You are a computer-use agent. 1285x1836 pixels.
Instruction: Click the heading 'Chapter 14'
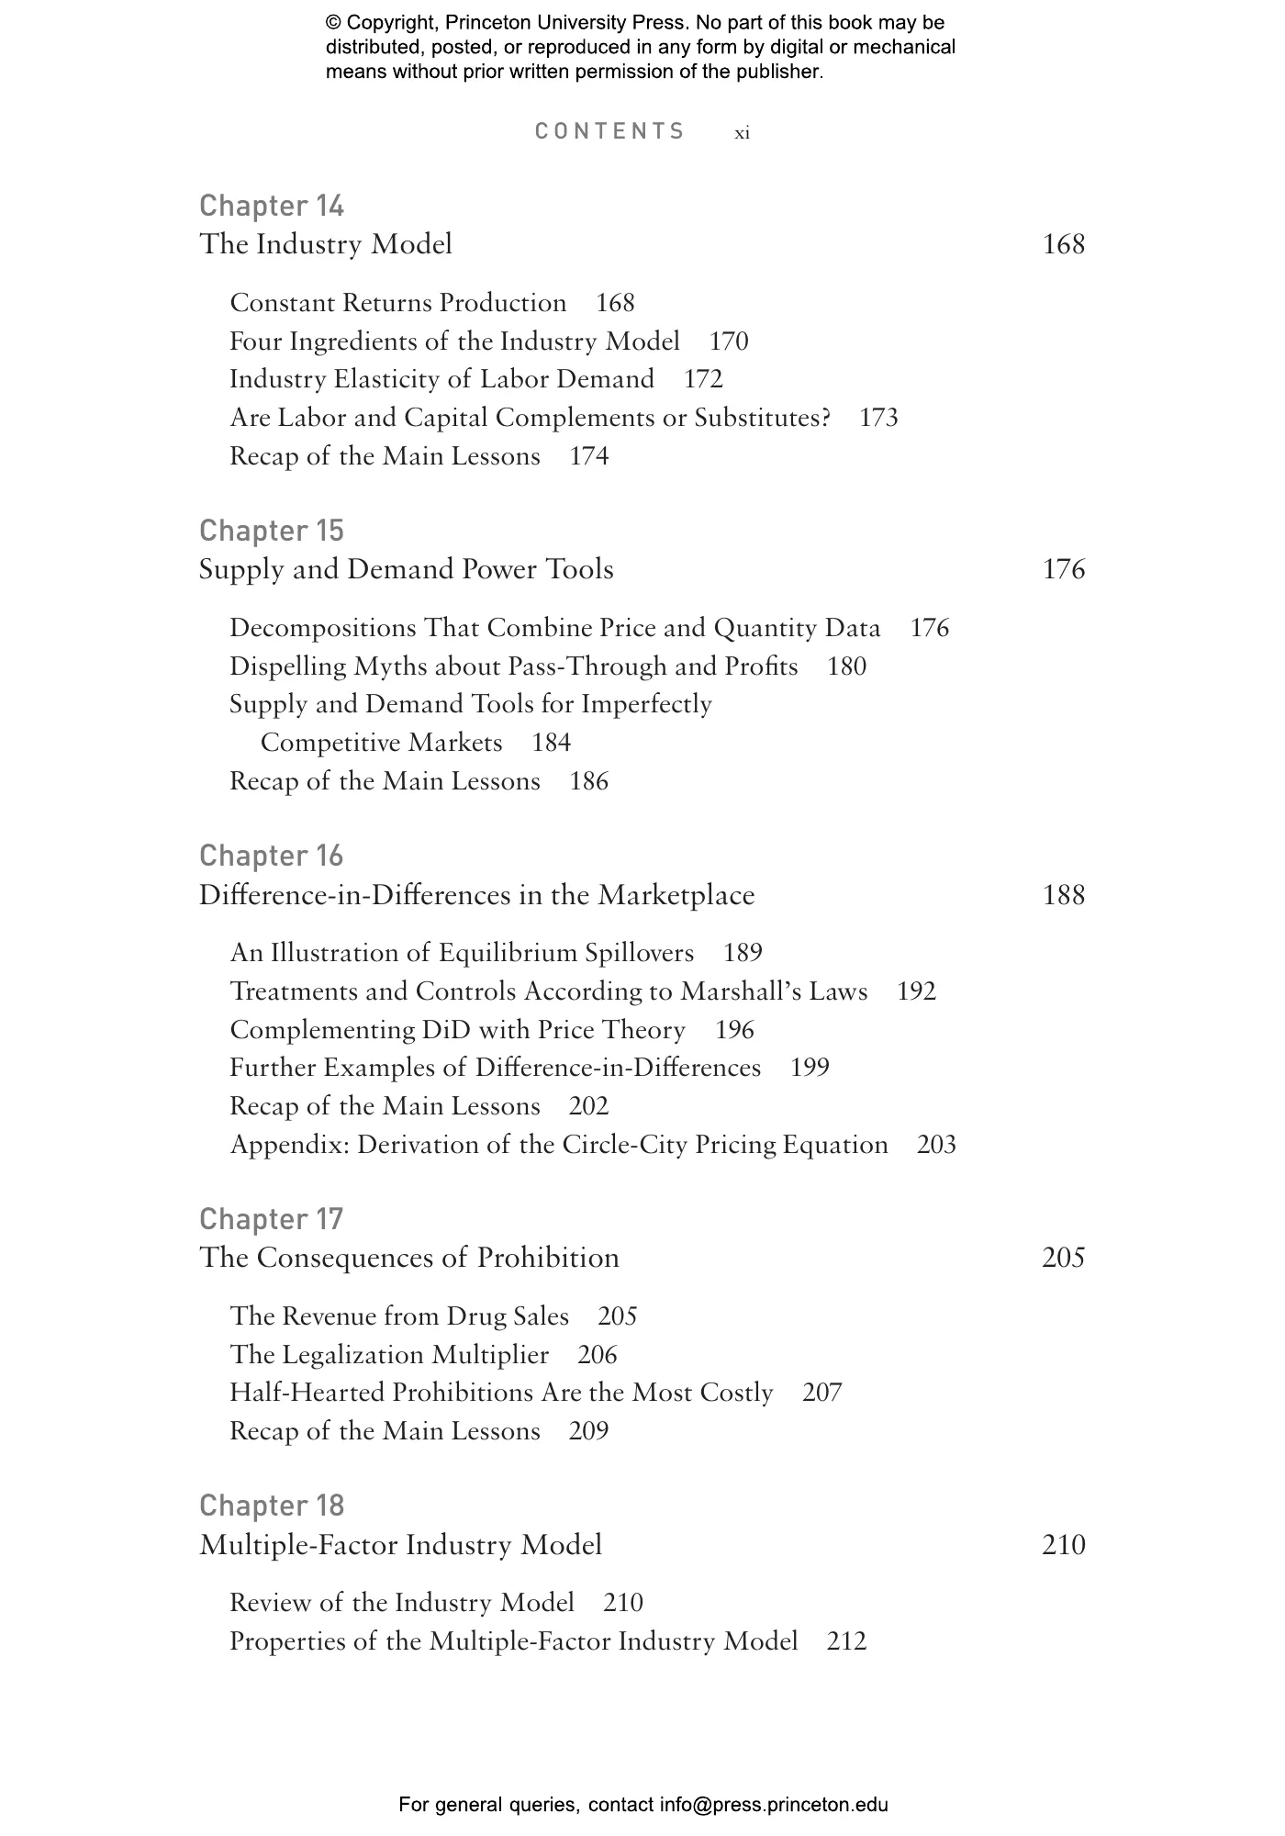(272, 206)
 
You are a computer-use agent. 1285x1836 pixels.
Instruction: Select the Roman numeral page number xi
(742, 133)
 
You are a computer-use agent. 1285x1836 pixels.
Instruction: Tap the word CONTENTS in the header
(609, 131)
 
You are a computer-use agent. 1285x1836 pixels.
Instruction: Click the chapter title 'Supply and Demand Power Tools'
(406, 569)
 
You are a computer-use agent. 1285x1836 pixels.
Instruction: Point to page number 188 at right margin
(1064, 895)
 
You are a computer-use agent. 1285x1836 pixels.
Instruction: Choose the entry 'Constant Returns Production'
(397, 303)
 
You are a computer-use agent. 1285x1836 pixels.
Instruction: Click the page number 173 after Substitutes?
(878, 418)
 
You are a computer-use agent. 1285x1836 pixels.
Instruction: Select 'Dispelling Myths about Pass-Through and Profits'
(513, 666)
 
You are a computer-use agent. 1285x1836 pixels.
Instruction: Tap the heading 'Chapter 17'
(271, 1219)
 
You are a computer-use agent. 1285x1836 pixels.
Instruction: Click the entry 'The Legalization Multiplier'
(389, 1355)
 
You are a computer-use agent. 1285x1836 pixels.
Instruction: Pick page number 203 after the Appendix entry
(936, 1145)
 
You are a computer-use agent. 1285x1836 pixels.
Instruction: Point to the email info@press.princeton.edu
(774, 1805)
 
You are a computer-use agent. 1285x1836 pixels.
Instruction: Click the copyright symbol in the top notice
(333, 24)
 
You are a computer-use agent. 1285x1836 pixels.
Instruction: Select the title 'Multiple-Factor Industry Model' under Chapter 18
(400, 1545)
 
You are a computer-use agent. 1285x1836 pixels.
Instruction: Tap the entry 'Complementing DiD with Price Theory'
(457, 1030)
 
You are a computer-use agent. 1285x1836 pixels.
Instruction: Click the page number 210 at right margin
(1064, 1545)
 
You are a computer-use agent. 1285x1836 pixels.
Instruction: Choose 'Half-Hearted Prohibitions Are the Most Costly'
(501, 1393)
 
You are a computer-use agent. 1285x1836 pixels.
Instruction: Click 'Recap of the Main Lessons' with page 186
(385, 781)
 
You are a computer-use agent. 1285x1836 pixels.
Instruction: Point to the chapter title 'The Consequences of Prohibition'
(408, 1258)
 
